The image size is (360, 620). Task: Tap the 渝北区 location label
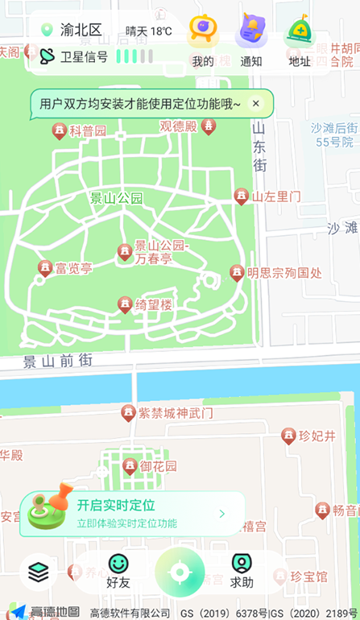tap(81, 31)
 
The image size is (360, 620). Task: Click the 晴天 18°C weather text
tap(149, 31)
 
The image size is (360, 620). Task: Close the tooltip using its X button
tap(256, 103)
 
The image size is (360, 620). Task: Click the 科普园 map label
tap(87, 130)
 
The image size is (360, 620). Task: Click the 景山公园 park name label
tap(116, 197)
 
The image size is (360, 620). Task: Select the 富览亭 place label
tap(73, 268)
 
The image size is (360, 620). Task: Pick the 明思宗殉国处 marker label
tap(283, 273)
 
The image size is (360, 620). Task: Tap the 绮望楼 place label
tap(154, 304)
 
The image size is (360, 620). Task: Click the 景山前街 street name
tap(57, 361)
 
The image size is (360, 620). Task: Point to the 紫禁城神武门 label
tap(176, 413)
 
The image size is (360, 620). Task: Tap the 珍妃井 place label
tap(317, 436)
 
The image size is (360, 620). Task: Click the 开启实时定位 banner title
tap(116, 506)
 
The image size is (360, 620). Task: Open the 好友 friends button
tap(118, 571)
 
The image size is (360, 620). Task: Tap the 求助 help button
tap(242, 571)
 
